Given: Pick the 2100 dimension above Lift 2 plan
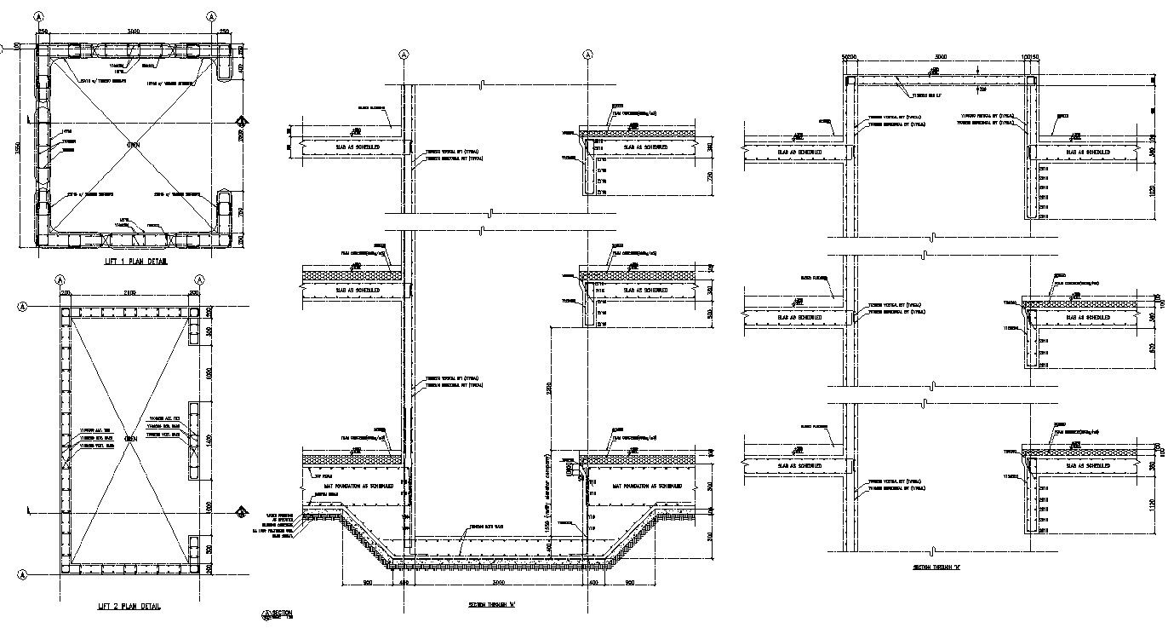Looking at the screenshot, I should [129, 293].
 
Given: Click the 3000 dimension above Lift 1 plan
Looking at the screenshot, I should [134, 32].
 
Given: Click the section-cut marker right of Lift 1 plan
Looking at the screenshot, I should [242, 121].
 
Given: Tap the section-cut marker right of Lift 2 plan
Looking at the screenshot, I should [242, 511].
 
